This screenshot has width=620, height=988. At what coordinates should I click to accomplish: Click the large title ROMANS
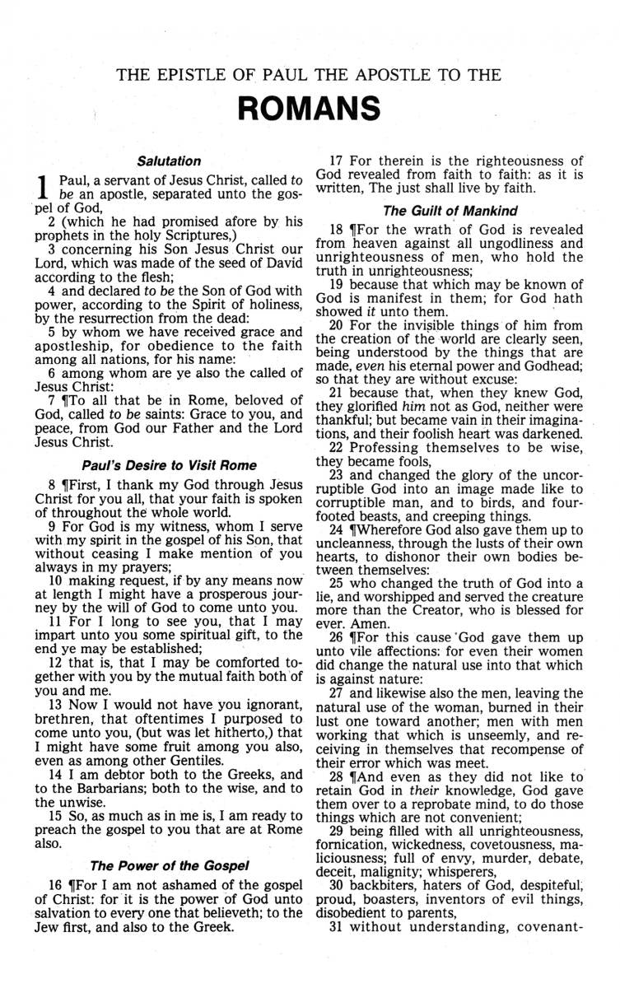310,108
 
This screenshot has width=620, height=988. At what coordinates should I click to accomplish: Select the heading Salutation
169,161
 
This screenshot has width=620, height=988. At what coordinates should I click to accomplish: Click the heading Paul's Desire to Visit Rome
169,466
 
